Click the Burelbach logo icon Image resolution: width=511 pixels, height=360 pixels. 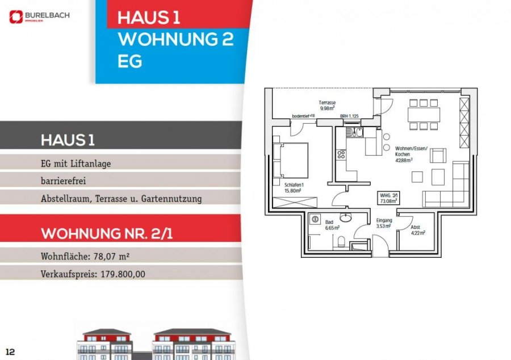15,17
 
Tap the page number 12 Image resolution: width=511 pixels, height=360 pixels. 9,351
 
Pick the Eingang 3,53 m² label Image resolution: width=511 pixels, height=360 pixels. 384,223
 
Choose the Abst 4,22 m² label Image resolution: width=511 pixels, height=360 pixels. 418,229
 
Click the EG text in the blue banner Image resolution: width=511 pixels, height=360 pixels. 129,61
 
